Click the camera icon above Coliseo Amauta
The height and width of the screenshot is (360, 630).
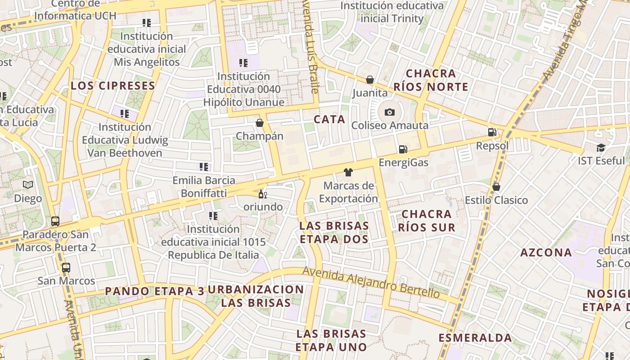coord(390,112)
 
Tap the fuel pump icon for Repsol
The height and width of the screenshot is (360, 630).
coord(492,132)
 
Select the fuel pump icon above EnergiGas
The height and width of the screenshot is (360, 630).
coord(403,149)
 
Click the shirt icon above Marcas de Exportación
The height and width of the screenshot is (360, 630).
coord(348,172)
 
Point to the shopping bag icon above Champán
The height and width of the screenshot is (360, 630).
coord(260,123)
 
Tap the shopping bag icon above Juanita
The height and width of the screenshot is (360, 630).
coord(370,80)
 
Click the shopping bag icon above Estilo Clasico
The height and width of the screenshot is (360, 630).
coord(496,187)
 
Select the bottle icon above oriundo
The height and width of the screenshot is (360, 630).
coord(262,194)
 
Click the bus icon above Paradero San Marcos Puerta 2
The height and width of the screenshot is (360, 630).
coord(55,221)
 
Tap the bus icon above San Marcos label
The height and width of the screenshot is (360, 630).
coord(66,268)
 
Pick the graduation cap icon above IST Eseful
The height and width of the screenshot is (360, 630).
coord(601,148)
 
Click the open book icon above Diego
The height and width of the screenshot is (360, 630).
coord(28,185)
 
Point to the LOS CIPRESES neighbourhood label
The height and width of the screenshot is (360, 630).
coord(113,85)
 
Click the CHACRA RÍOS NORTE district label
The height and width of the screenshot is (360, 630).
coord(431,80)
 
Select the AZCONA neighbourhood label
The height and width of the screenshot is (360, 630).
coord(546,252)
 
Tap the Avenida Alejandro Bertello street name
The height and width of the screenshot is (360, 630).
coord(371,282)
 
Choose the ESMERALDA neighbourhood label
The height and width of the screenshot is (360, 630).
coord(475,338)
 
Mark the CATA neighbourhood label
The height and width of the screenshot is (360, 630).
coord(329,119)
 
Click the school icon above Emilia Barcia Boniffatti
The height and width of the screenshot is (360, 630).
coord(204,167)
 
